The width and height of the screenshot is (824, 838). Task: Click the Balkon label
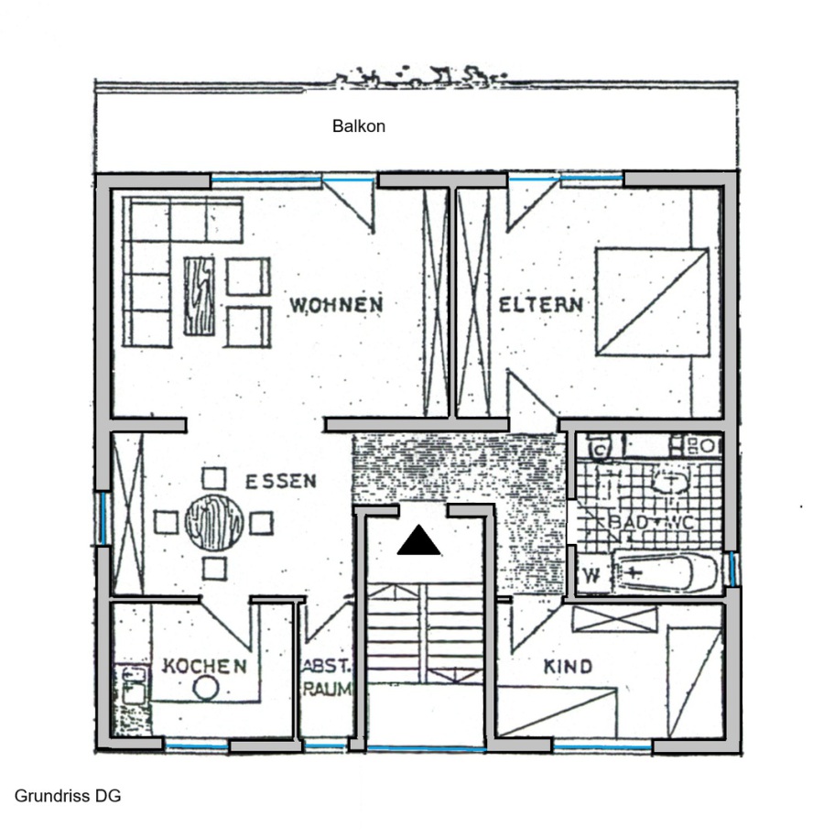[x=359, y=126]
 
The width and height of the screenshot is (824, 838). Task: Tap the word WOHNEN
[x=336, y=305]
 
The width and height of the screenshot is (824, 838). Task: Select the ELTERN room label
[x=540, y=305]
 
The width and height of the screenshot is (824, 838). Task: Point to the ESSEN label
[x=280, y=482]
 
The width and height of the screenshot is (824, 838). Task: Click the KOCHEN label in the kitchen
[x=204, y=666]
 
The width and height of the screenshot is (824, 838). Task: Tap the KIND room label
[x=568, y=667]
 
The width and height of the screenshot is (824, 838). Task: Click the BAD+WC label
[x=651, y=522]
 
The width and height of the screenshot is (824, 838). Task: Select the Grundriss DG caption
[x=68, y=796]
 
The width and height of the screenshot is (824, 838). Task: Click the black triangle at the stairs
[x=418, y=541]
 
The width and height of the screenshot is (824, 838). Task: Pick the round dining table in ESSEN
[x=214, y=522]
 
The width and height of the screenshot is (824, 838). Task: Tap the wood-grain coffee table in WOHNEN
[x=200, y=296]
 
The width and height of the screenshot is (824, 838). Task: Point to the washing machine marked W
[x=592, y=575]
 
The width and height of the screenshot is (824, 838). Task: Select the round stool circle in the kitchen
[x=206, y=688]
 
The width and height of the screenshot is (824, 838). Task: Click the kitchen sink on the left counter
[x=132, y=686]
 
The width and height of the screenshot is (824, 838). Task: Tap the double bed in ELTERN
[x=653, y=301]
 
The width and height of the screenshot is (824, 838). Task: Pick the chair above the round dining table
[x=213, y=478]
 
